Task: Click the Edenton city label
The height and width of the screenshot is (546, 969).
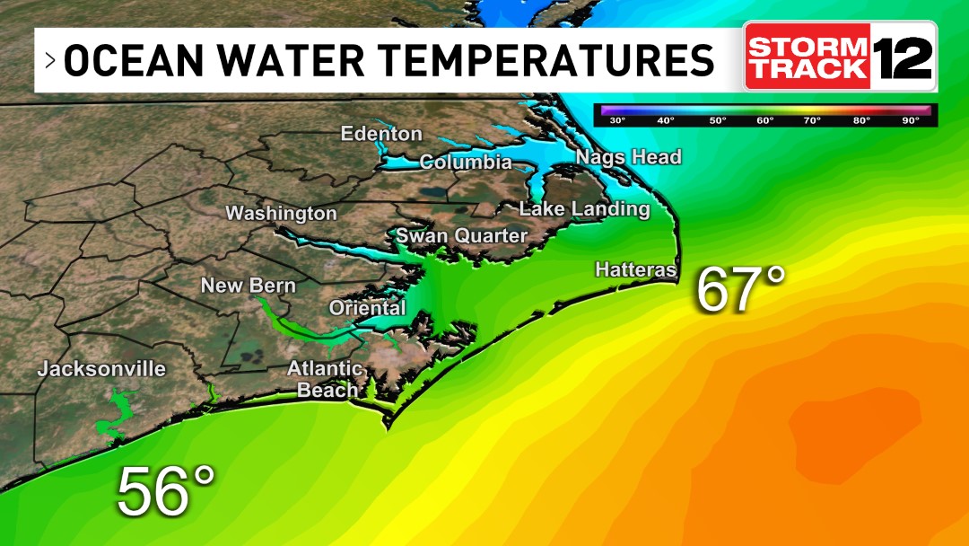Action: coord(381,134)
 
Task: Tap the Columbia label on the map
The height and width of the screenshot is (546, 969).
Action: coord(466,163)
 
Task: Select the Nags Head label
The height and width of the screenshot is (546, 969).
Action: coord(628,157)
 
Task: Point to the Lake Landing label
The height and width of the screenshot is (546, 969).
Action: coord(584,209)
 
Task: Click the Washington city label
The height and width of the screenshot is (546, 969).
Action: coord(281,214)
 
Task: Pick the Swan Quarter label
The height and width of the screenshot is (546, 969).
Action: coord(461,235)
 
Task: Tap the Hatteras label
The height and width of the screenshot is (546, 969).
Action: coord(635,269)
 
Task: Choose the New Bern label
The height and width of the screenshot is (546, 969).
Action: coord(248,286)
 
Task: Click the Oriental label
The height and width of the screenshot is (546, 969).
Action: coord(368,308)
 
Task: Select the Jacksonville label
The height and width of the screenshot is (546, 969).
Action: coord(101,369)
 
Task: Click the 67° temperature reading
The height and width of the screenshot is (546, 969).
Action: coord(741,289)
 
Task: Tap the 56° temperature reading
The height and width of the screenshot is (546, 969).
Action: coord(167,491)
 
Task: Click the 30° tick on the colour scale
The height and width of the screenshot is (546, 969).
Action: coord(617,119)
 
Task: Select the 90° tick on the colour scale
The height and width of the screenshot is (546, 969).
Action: coord(911,119)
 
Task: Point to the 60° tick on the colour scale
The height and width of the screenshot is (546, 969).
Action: coord(764,119)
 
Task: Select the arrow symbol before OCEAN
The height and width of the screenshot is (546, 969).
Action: coord(50,60)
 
